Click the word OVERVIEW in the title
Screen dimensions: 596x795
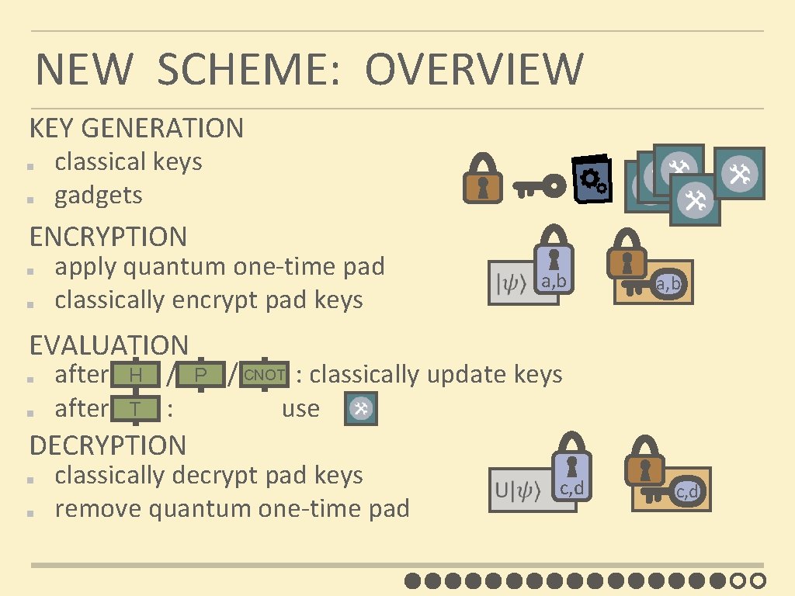point(474,69)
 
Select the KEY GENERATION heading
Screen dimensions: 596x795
point(137,128)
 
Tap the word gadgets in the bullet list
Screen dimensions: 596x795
point(99,195)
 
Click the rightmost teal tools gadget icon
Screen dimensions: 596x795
point(739,173)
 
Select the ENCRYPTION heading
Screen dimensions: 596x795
point(108,236)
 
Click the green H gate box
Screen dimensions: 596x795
point(135,376)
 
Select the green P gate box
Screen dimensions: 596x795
point(200,376)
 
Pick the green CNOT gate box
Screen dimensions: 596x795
point(264,375)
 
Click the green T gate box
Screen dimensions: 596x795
point(135,408)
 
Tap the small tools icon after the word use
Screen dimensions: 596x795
point(360,409)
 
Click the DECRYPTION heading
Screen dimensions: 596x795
point(108,445)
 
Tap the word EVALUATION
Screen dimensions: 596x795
point(109,345)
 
